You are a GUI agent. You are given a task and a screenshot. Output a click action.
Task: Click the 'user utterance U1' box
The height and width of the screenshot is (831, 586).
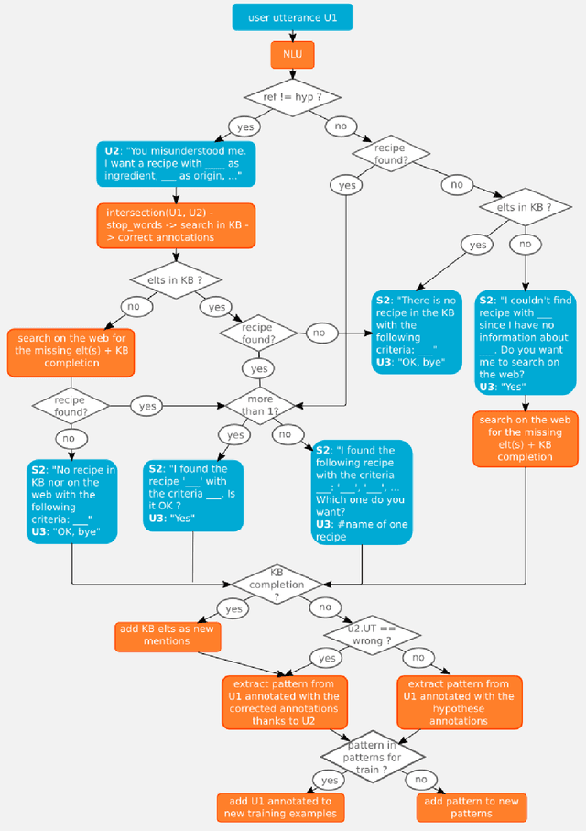coord(291,16)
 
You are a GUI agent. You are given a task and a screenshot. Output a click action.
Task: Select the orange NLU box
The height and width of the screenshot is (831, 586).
coord(291,55)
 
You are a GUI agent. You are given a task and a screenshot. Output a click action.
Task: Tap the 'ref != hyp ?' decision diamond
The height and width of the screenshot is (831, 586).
coord(291,96)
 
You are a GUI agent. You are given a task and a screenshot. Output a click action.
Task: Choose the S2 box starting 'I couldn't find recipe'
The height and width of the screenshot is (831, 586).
coord(526,343)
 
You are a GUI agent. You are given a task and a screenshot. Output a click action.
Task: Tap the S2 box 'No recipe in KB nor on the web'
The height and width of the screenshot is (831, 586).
coord(71,500)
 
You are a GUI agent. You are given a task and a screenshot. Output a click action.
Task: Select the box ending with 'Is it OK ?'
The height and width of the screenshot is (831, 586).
coord(193,494)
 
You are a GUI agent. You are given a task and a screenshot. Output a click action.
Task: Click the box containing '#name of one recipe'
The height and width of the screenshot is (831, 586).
coord(361,493)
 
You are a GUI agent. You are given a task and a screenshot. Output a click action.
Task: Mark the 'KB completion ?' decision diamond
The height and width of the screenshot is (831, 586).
coord(277,583)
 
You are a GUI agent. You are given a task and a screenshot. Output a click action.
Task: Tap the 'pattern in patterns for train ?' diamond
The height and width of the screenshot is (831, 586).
coord(372,756)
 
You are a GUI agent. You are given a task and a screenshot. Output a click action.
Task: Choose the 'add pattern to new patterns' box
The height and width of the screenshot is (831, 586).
coord(472,807)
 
